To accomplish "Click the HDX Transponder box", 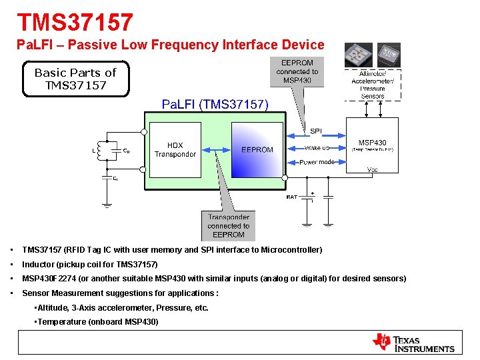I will pyautogui.click(x=175, y=150).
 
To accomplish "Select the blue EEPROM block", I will pyautogui.click(x=257, y=150).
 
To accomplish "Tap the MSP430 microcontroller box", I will pyautogui.click(x=372, y=145).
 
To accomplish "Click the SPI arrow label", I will pyautogui.click(x=315, y=131).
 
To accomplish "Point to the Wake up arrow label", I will pyautogui.click(x=317, y=148).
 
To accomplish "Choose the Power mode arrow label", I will pyautogui.click(x=317, y=162).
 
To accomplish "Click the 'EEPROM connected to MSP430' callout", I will pyautogui.click(x=297, y=72).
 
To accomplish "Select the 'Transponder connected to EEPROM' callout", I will pyautogui.click(x=229, y=225).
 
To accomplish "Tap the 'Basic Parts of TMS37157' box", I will pyautogui.click(x=75, y=79).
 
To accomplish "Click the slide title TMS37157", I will pyautogui.click(x=75, y=23).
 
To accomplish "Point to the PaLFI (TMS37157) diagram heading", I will pyautogui.click(x=215, y=104).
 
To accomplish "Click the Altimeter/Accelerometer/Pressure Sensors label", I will pyautogui.click(x=372, y=85).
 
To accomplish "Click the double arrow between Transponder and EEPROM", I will pyautogui.click(x=216, y=150).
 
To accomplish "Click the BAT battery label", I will pyautogui.click(x=291, y=197).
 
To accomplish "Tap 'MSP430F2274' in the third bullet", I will pyautogui.click(x=49, y=279).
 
